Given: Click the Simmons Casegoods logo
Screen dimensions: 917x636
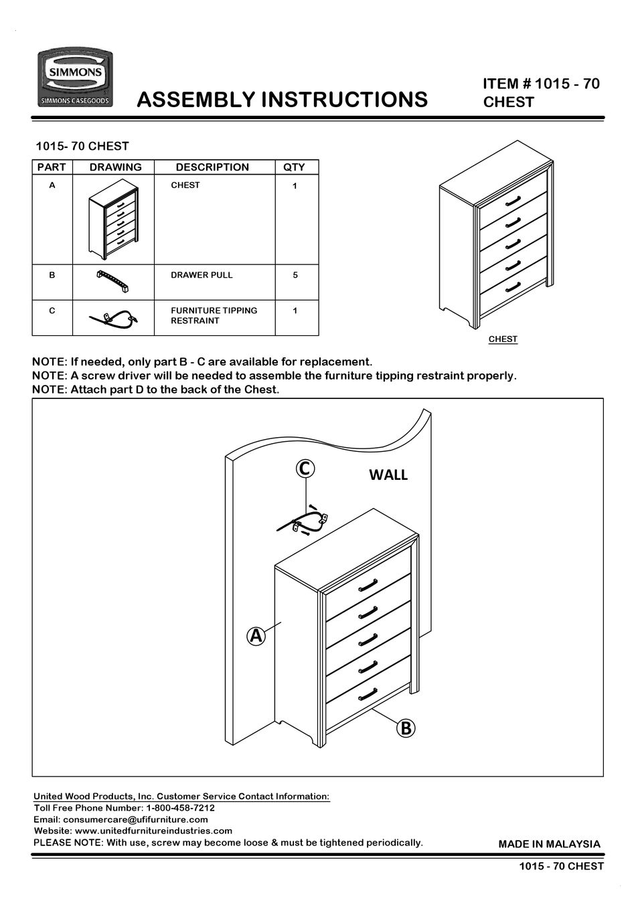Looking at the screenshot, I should (74, 78).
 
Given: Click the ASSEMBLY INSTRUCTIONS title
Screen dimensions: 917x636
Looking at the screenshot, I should (282, 99).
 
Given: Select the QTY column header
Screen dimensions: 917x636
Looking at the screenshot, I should (294, 167).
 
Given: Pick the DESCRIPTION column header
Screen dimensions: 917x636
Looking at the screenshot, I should (212, 167).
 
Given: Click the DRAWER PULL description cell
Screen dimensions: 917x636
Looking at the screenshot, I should (202, 275).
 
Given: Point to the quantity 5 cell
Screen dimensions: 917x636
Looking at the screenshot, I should (295, 275).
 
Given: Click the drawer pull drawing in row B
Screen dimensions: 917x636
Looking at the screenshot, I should (112, 282).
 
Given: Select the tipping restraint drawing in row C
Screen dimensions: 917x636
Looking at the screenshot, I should (113, 319).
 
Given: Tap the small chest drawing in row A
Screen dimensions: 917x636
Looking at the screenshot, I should (113, 220).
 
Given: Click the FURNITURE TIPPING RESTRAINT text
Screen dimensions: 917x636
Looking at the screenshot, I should (214, 315).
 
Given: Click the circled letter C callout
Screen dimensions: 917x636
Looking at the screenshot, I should (305, 469).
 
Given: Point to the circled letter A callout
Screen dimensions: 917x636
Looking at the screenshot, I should (256, 635).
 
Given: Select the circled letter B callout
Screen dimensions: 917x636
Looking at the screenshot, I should (406, 728).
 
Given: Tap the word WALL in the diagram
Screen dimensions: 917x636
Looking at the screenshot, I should (388, 475).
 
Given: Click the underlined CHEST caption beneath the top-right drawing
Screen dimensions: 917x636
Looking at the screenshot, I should (503, 339).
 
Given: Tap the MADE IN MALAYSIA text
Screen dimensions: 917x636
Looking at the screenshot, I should (549, 844).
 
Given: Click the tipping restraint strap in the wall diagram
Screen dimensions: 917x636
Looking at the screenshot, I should (303, 521).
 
